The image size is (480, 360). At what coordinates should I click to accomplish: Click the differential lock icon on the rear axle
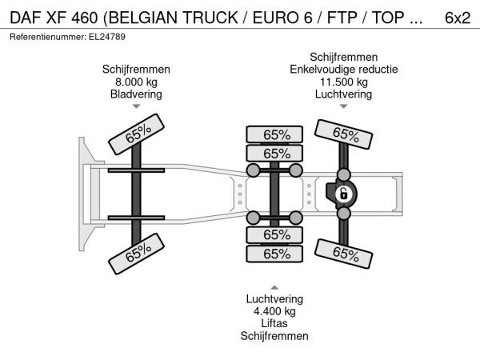click(343, 194)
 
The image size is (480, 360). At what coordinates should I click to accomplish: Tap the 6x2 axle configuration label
click(458, 18)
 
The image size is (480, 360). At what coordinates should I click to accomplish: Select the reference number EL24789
click(107, 37)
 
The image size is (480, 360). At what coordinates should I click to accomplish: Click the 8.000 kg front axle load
click(136, 82)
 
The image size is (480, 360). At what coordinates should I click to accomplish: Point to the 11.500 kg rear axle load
click(344, 82)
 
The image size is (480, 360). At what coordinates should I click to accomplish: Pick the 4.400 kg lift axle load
click(274, 311)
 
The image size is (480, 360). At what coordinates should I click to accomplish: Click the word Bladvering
click(136, 94)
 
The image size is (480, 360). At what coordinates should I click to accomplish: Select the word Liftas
click(274, 323)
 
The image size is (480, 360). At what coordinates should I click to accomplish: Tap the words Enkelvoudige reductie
click(344, 69)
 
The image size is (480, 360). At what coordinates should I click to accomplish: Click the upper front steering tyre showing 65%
click(137, 134)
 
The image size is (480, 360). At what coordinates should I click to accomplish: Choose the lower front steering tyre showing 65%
click(137, 254)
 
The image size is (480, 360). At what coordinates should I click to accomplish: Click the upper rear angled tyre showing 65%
click(344, 134)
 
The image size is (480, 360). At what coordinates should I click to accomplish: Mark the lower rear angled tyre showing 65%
click(344, 254)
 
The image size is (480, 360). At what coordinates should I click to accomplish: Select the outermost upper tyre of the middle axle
click(274, 134)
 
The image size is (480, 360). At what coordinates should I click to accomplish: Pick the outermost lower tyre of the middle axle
click(274, 254)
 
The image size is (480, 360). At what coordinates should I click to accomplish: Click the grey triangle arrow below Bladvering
click(136, 106)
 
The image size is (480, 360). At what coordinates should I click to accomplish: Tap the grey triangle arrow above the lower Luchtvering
click(274, 287)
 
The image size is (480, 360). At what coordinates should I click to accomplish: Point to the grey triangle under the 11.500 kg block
click(344, 106)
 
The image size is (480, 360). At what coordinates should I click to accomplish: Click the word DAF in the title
click(26, 18)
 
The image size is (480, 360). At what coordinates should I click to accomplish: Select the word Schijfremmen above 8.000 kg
click(136, 69)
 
